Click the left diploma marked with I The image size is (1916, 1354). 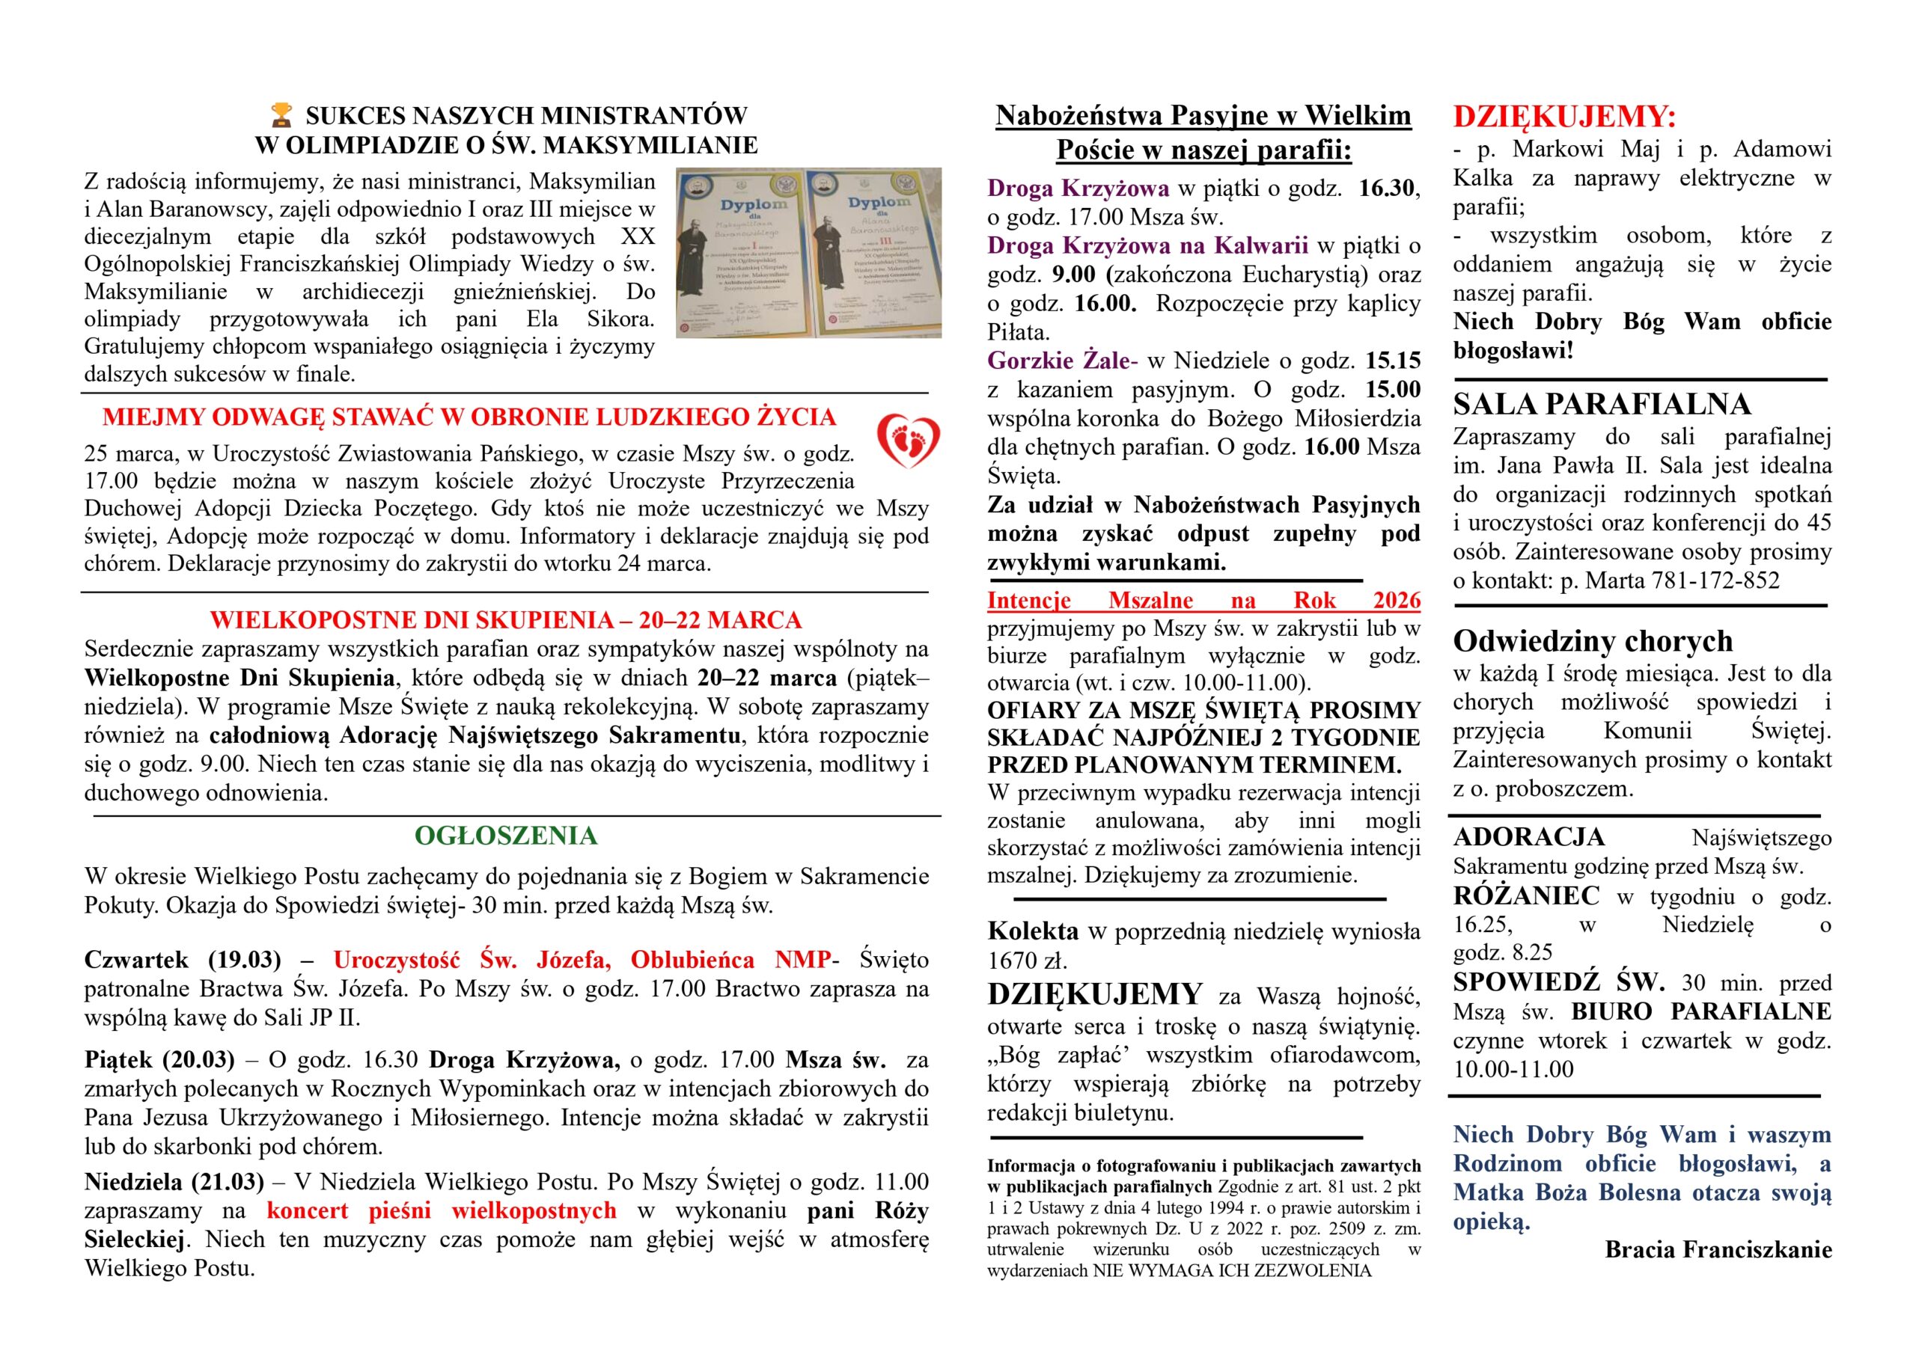[x=741, y=253]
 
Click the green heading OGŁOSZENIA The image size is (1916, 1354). [x=506, y=836]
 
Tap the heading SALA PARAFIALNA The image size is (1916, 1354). [x=1602, y=405]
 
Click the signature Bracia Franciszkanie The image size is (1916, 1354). [x=1718, y=1250]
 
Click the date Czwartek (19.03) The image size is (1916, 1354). [x=183, y=960]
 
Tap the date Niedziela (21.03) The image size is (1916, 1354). [x=174, y=1181]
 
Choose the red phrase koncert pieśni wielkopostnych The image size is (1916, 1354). [x=442, y=1210]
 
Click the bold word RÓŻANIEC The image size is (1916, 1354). [x=1526, y=896]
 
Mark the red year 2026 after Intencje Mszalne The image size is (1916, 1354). [x=1396, y=600]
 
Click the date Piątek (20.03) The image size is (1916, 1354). [x=159, y=1059]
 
